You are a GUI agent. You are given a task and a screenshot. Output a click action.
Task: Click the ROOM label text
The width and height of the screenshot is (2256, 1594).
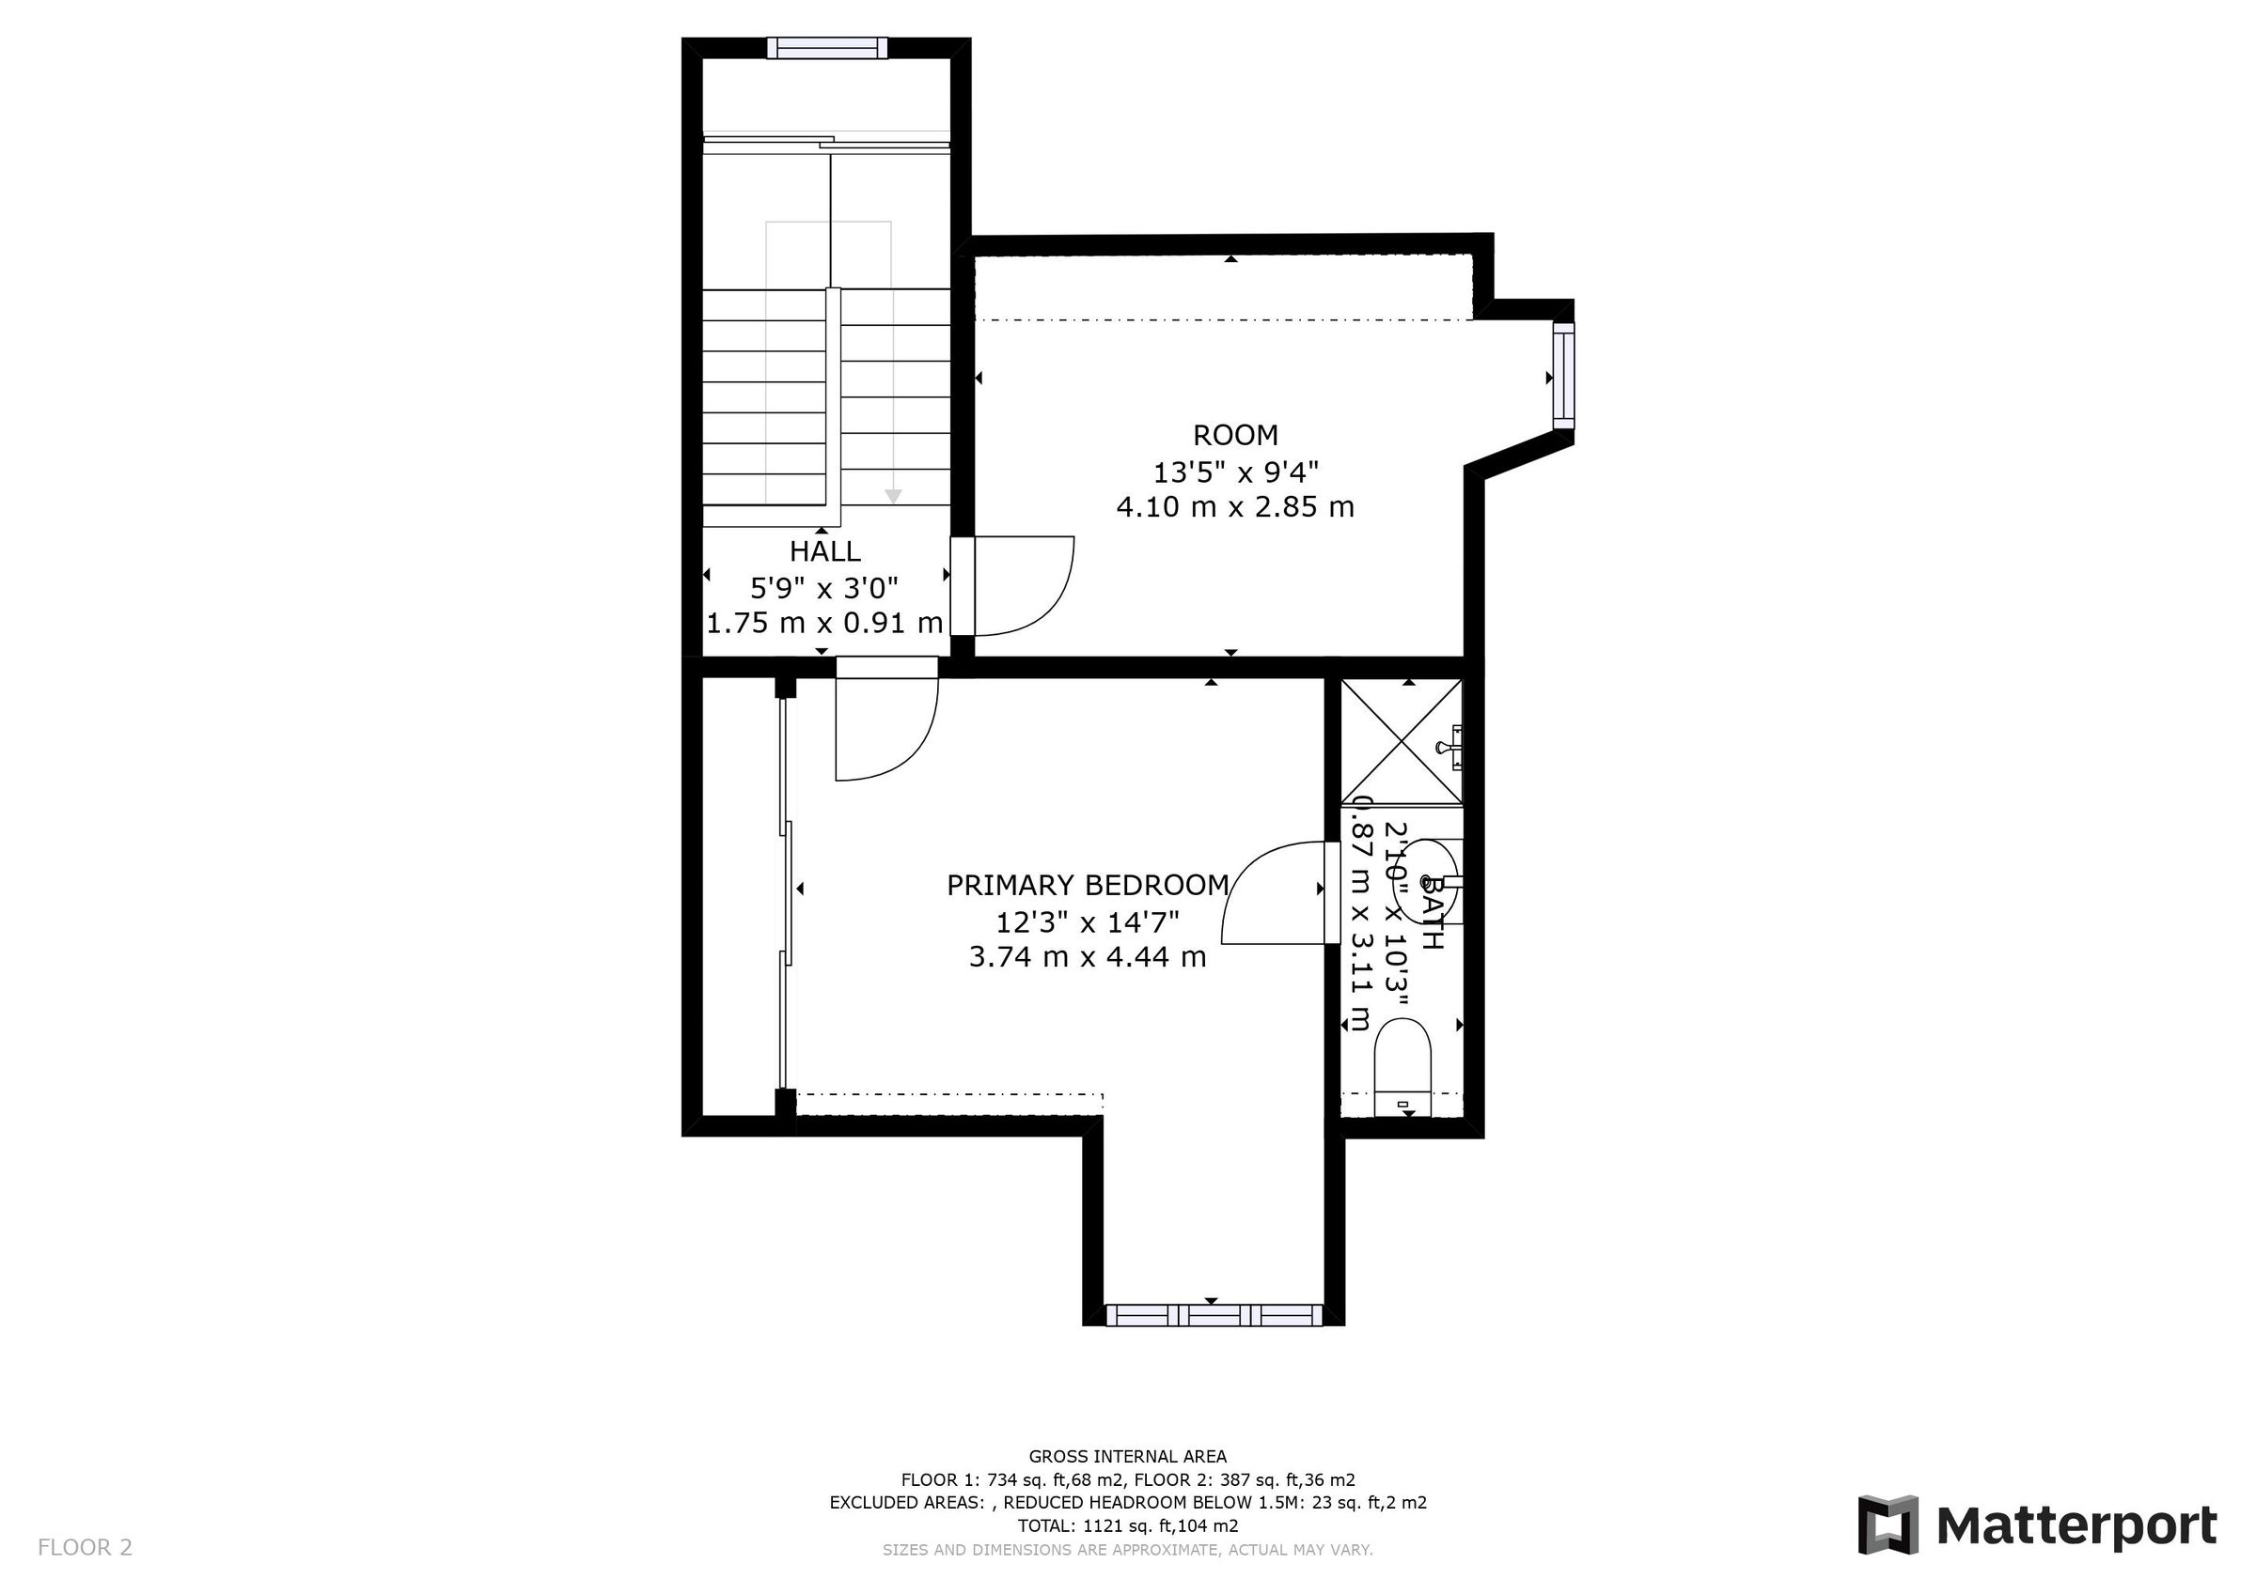coord(1235,435)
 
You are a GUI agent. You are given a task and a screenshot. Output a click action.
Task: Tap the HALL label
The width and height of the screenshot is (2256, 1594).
coord(824,551)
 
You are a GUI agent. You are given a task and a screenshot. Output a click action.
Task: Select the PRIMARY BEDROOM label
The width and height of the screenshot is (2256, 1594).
coord(1087,886)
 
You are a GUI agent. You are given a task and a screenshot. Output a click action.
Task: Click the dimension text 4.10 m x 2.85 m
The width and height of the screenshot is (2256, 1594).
coord(1235,507)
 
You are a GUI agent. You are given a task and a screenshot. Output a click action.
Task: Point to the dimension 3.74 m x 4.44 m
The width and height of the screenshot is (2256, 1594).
coord(1087,956)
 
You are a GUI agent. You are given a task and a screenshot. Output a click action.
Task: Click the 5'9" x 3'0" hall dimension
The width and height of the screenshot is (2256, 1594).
coord(824,588)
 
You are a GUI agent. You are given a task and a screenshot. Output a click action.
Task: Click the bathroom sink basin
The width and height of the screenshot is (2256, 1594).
coord(1430,882)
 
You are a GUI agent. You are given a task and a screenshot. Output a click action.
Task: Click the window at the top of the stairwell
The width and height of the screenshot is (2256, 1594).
coord(826,48)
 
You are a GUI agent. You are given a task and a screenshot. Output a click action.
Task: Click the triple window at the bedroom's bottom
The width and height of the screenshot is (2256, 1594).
coord(1214,1314)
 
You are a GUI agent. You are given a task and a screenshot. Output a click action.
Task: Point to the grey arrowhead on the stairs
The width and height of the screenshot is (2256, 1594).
coord(892,497)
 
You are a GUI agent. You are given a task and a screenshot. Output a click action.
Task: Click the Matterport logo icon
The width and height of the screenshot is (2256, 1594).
coord(1888,1525)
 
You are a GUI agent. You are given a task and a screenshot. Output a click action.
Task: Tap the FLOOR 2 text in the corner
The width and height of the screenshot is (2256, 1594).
coord(85,1548)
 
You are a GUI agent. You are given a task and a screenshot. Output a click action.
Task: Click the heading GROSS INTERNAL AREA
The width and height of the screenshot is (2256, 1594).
coord(1127,1457)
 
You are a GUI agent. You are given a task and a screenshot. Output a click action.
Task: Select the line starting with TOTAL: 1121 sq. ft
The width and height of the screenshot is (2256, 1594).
coord(1127,1526)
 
